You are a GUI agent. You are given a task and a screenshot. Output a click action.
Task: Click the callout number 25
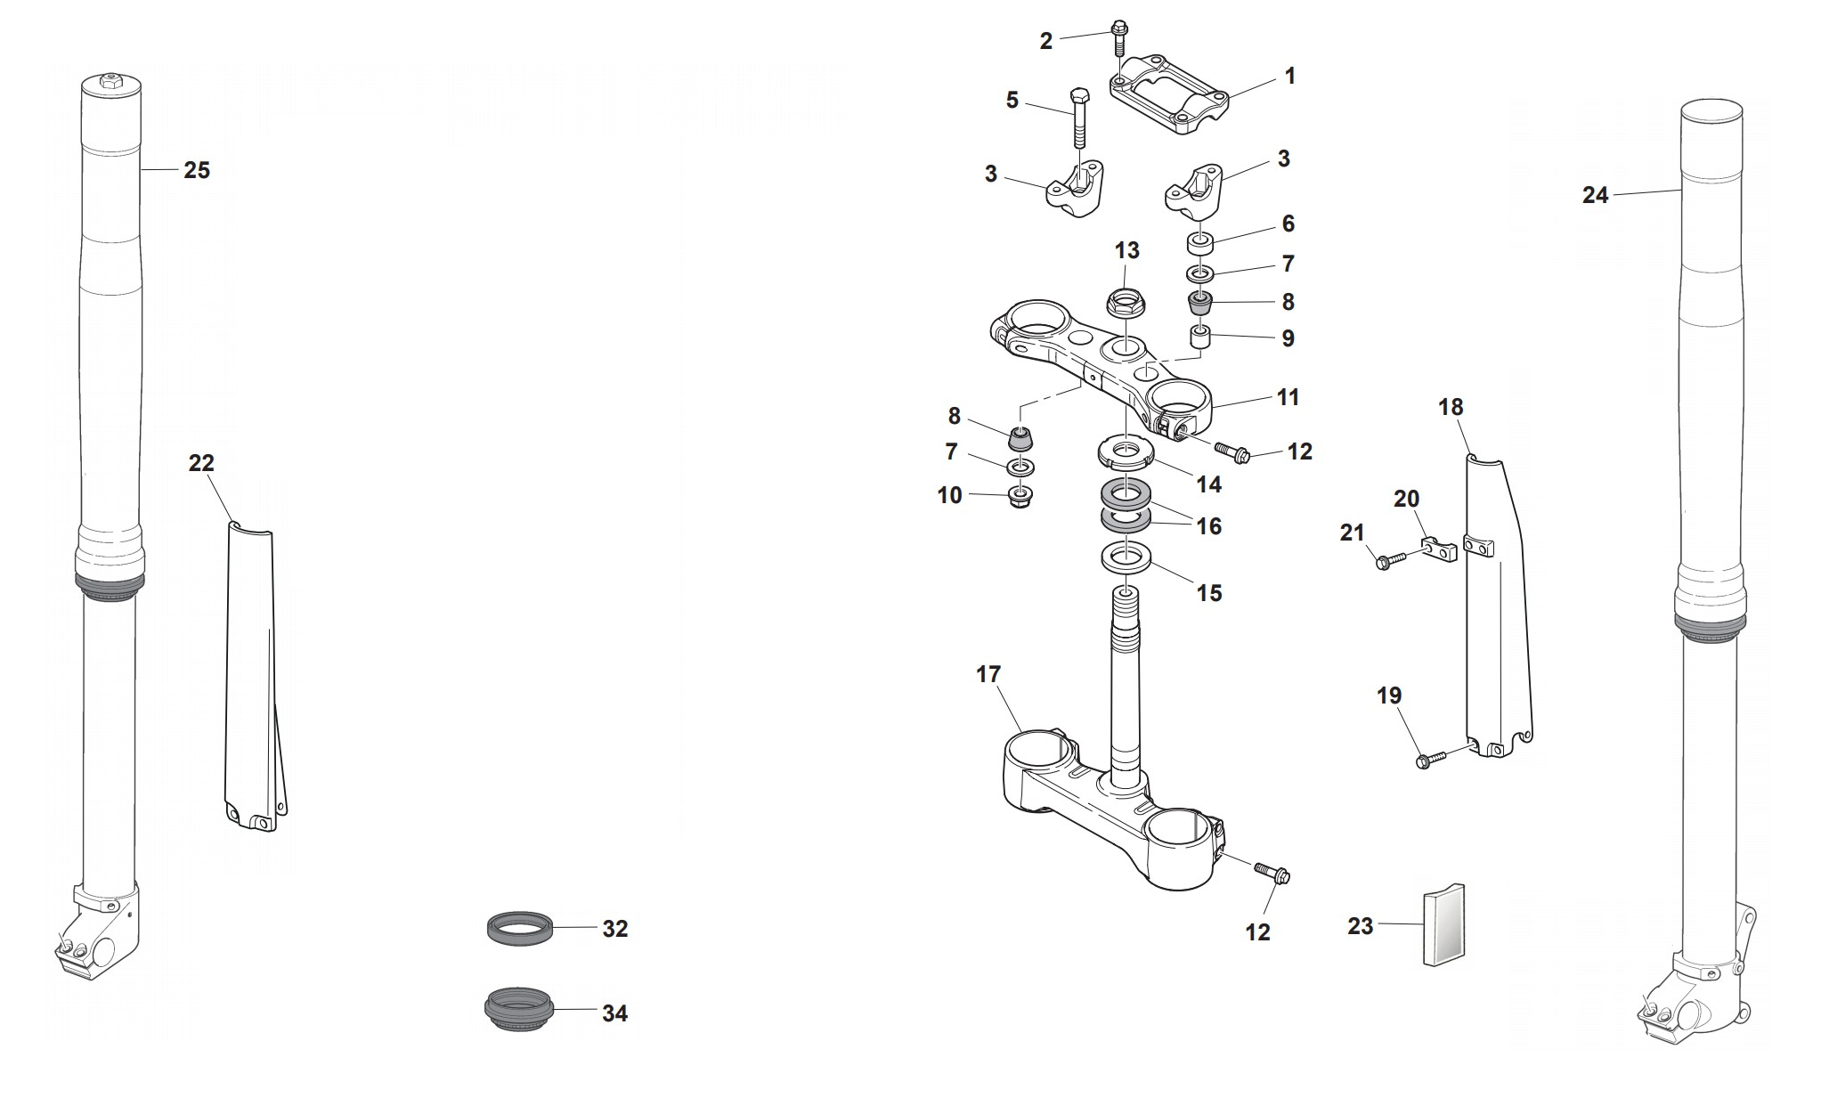197,170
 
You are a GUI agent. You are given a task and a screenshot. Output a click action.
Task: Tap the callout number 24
1595,195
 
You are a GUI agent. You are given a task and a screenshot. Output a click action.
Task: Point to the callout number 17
988,674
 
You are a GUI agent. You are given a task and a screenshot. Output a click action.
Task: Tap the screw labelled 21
1388,560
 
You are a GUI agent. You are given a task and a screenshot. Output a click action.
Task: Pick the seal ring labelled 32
520,928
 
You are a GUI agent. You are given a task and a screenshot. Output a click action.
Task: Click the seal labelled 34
519,1011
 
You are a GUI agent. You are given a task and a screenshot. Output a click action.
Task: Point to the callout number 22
202,463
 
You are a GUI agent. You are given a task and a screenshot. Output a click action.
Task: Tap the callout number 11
1288,397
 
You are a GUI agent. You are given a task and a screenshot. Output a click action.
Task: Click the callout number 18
1451,407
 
